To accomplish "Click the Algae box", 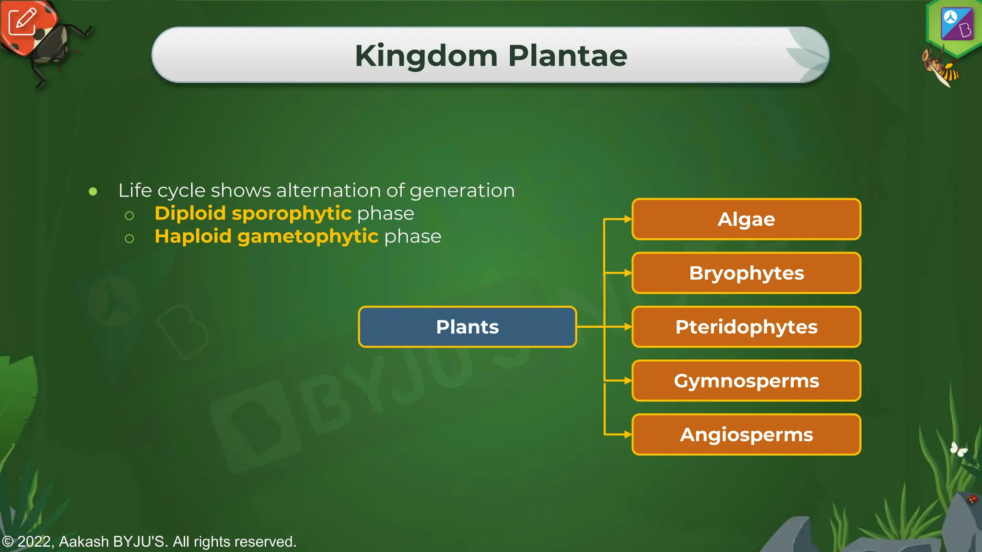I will (746, 219).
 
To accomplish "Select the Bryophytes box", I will (746, 273).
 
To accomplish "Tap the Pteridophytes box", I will (746, 327).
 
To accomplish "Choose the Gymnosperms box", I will (746, 381).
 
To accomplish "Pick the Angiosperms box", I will (746, 435).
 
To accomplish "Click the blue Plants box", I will (467, 327).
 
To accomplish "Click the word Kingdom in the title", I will (426, 56).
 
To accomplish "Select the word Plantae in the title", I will (567, 56).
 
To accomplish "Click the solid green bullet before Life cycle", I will (93, 192).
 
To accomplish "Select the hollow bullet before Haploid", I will (129, 238).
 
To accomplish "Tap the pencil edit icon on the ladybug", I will (23, 21).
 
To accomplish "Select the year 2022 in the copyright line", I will (35, 542).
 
